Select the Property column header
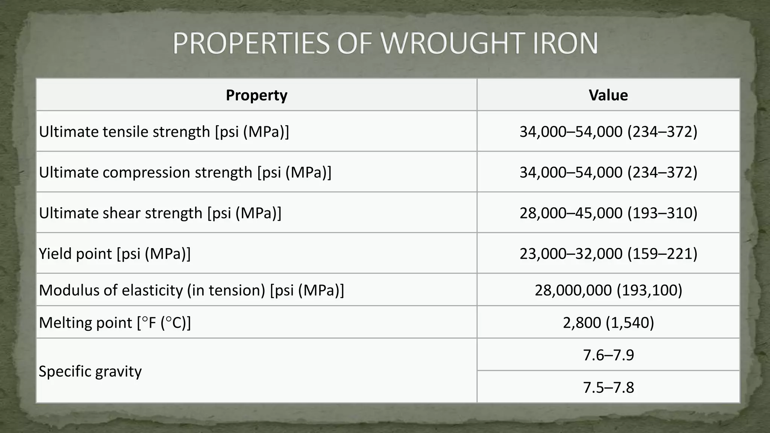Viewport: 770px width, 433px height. [256, 95]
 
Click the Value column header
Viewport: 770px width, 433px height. [608, 95]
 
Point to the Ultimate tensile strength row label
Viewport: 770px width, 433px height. [164, 132]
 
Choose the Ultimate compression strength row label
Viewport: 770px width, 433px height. [185, 173]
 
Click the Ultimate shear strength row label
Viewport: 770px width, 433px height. [160, 213]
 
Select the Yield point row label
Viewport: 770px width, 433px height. [115, 254]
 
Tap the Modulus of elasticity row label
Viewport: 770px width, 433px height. [191, 290]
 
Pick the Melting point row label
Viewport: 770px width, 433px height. [115, 322]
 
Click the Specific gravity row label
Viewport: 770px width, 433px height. [90, 371]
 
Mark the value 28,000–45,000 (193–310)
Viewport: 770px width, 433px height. [608, 213]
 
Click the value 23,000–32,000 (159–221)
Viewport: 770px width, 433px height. [608, 254]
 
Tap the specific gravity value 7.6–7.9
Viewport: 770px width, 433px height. [608, 355]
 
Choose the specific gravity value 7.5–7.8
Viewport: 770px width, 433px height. [608, 387]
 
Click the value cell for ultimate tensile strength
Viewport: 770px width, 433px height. [608, 132]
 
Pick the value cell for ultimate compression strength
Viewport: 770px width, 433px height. [608, 173]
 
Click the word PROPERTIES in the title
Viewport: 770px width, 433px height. [251, 44]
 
